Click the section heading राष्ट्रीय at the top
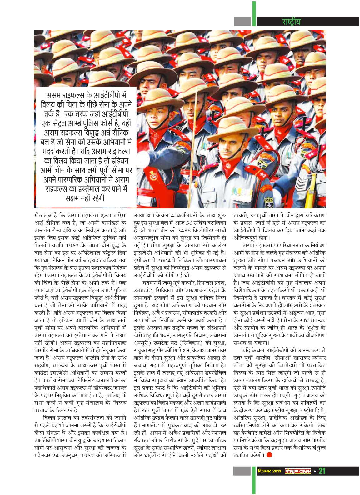coord(291,22)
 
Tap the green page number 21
coord(322,471)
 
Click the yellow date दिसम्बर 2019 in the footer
coord(269,471)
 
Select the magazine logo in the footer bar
coord(298,471)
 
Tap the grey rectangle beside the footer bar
coord(242,471)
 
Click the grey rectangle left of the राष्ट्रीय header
coord(242,22)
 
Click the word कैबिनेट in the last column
coord(253,433)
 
